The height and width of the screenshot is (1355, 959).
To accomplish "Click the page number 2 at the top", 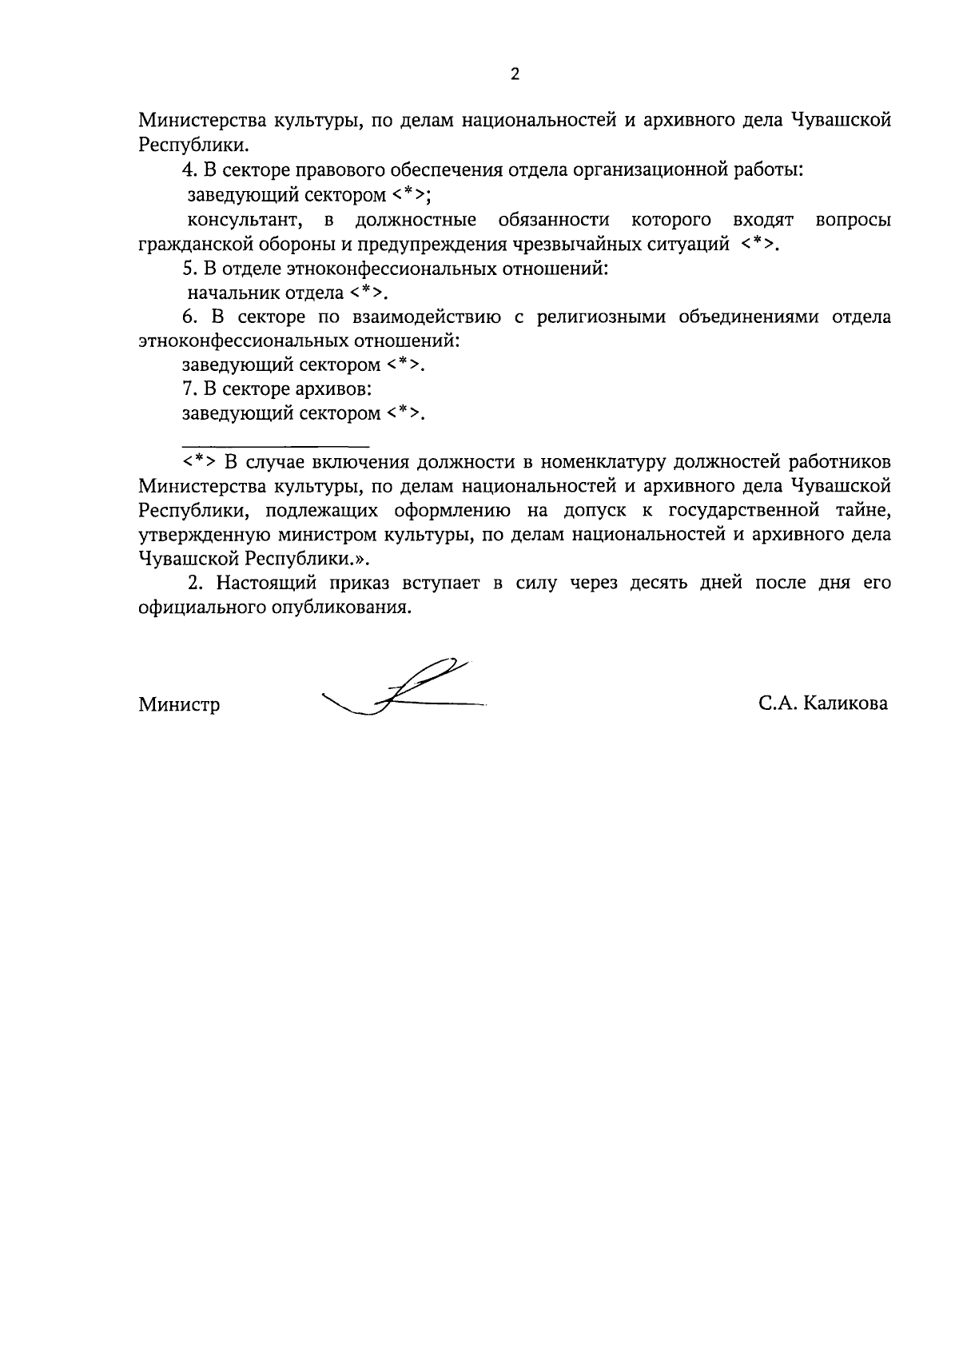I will pyautogui.click(x=515, y=74).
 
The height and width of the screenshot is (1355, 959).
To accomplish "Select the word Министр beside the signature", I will pyautogui.click(x=179, y=705).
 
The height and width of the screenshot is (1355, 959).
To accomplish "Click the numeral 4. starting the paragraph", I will pyautogui.click(x=189, y=170).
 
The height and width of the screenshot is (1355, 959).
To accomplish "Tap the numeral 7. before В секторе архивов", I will pyautogui.click(x=189, y=389).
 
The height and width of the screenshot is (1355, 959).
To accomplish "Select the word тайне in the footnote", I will pyautogui.click(x=862, y=510).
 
